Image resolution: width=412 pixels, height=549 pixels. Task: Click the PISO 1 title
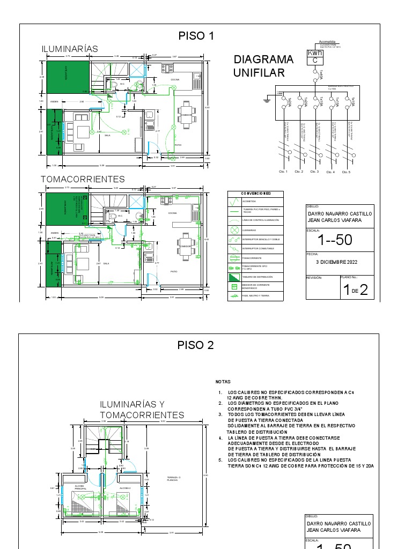pos(196,36)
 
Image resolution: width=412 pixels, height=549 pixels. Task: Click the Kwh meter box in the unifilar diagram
pos(315,57)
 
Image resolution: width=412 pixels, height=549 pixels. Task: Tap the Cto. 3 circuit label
pos(314,172)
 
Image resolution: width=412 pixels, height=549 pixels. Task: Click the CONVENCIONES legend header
pos(255,194)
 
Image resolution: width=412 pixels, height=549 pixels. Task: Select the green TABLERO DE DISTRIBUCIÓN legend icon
pos(234,277)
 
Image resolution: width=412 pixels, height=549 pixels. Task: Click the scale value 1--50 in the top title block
pos(335,240)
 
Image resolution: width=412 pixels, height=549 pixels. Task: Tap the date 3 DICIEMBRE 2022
pos(336,262)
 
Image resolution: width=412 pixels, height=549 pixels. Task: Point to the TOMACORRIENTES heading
pos(83,179)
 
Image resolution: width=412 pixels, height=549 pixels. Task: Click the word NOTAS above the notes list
pos(223,382)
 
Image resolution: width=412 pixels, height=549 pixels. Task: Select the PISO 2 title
pos(196,345)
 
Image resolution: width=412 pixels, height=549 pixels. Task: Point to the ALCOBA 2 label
pos(125,488)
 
